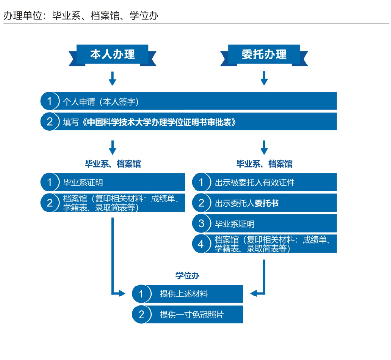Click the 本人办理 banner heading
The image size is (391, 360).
(112, 54)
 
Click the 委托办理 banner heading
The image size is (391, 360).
(264, 54)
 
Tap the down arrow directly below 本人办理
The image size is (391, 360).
(112, 78)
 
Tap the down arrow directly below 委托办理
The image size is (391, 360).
(264, 78)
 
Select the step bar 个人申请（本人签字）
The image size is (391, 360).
(188, 101)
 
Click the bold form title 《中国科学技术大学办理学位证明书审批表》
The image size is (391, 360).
(159, 122)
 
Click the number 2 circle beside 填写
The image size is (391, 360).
(50, 122)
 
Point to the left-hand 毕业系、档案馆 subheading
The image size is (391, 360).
(113, 164)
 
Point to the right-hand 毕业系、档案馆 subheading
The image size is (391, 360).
(264, 164)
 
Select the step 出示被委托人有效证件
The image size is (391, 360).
(264, 182)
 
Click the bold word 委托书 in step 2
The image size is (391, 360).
(266, 203)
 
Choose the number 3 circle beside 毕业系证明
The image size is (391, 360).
(201, 223)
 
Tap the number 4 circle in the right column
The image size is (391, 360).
(201, 244)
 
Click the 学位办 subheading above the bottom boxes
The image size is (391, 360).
(187, 276)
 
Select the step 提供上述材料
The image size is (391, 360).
(187, 294)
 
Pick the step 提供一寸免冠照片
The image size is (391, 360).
(187, 315)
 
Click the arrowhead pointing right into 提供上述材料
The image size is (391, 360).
(122, 294)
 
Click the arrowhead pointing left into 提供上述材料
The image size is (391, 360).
(254, 294)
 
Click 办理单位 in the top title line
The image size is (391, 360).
(22, 16)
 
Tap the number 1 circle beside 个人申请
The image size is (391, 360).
(50, 101)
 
